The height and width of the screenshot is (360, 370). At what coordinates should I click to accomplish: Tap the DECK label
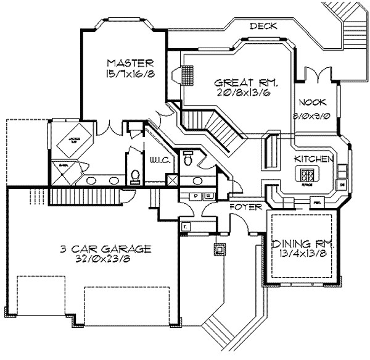pos(263,26)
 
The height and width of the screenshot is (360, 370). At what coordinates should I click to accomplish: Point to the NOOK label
pos(312,102)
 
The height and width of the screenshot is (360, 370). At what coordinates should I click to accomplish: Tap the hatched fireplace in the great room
pos(186,76)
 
